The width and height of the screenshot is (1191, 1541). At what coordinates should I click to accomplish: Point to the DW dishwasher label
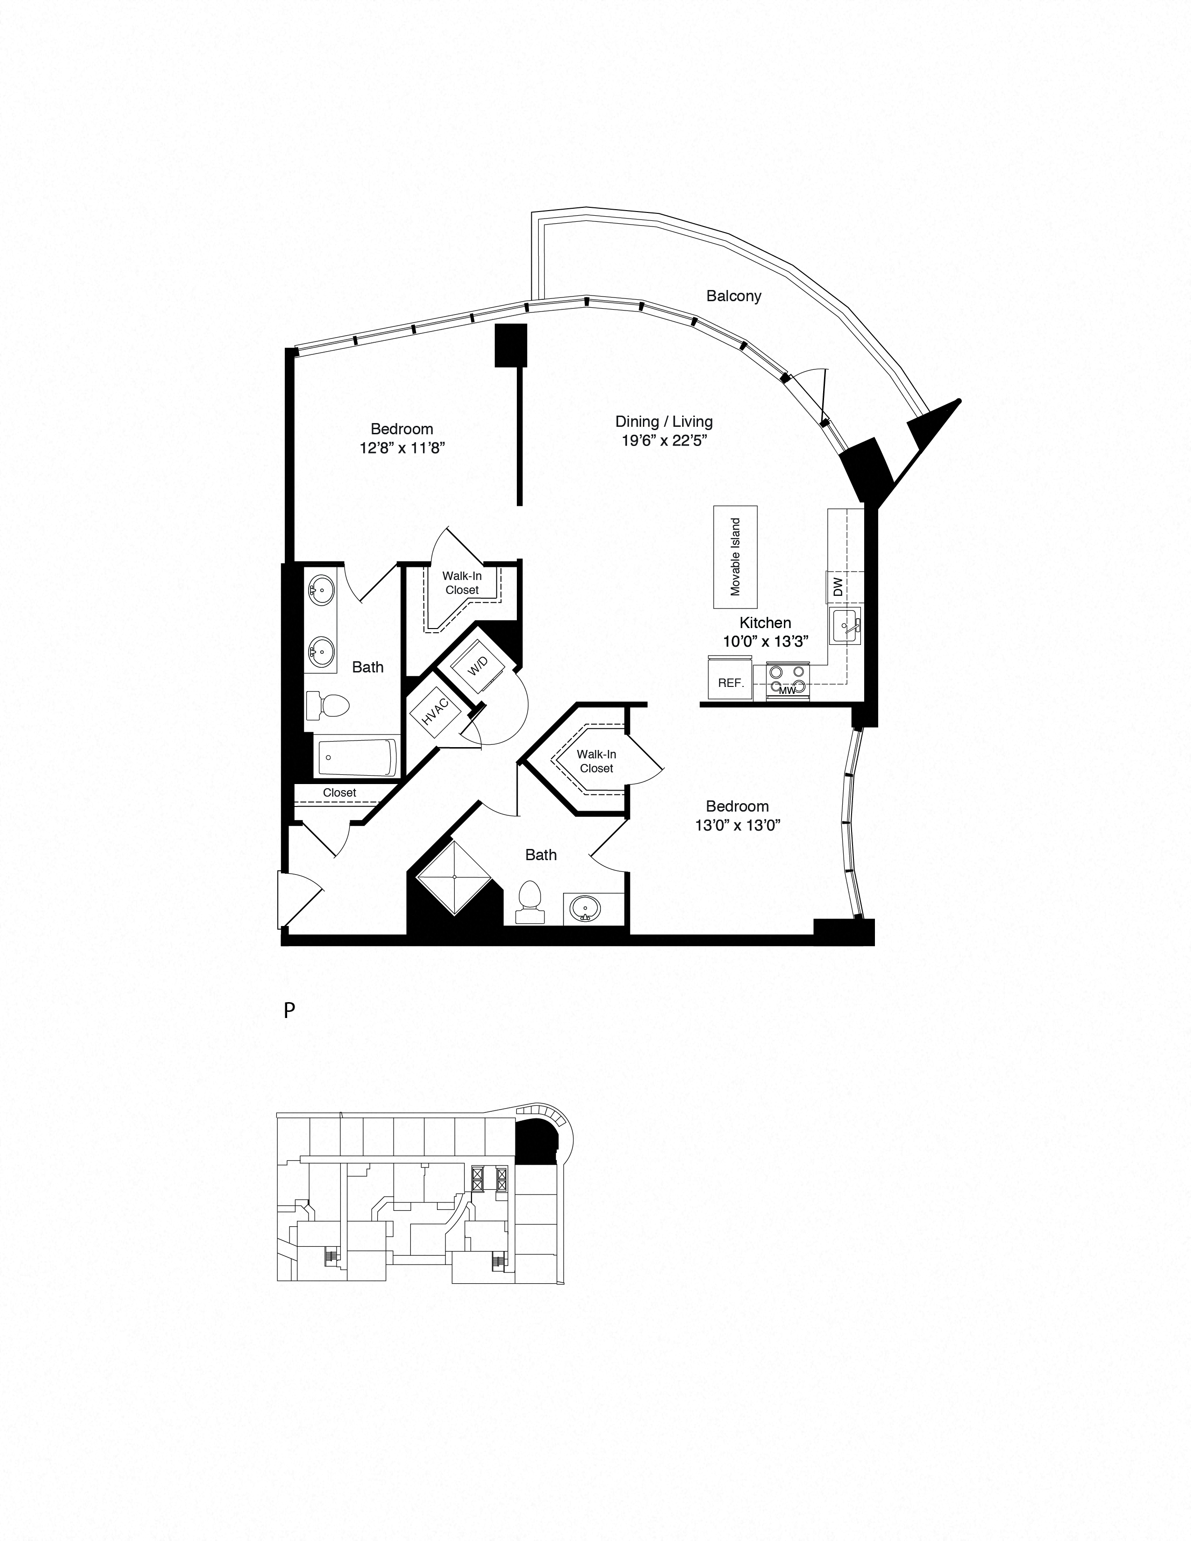click(838, 587)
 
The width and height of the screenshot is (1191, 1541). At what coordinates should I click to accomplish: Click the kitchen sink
click(845, 625)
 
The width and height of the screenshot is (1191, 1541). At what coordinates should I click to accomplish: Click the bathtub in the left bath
click(356, 757)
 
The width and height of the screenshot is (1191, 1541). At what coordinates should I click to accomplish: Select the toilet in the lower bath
click(530, 903)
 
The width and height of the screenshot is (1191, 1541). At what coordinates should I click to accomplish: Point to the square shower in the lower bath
click(454, 877)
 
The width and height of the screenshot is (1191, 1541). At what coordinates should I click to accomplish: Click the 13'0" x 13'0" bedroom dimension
click(737, 826)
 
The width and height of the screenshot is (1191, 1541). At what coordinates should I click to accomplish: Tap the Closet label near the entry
click(339, 792)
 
